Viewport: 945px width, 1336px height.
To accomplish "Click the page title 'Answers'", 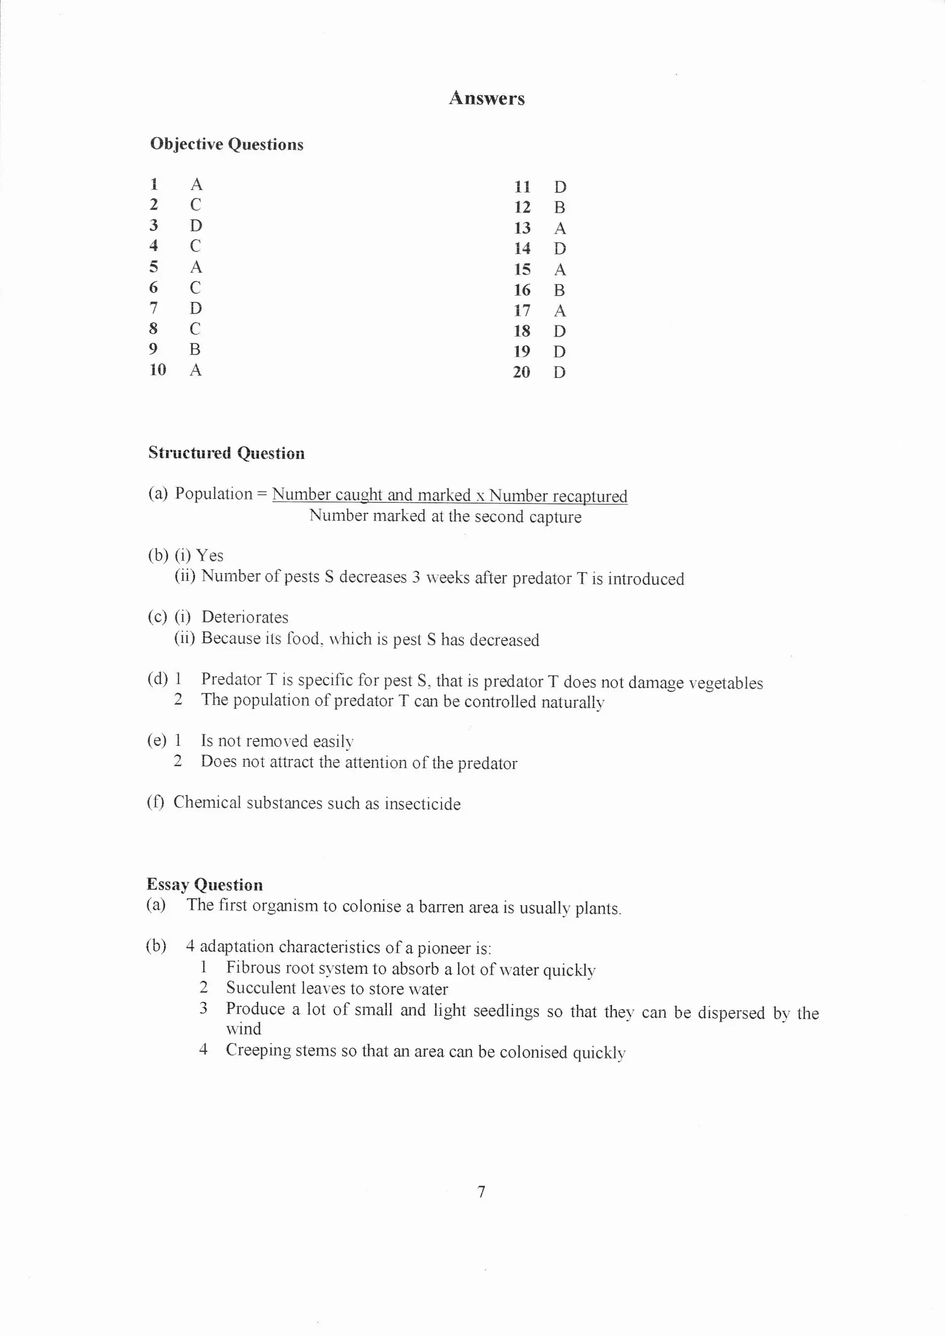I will (x=486, y=98).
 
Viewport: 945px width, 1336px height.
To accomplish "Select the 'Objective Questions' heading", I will (x=227, y=144).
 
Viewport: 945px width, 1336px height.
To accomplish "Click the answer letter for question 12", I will (x=560, y=207).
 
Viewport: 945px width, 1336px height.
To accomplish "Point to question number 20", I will (x=521, y=372).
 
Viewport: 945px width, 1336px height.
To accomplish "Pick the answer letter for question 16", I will (x=560, y=290).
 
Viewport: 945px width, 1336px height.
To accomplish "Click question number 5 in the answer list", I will (x=154, y=267).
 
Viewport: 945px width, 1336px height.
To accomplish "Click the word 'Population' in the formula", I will (x=214, y=494).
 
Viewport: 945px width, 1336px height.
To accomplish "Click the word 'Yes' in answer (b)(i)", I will (x=209, y=556).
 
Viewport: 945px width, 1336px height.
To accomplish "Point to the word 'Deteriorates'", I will (x=245, y=617).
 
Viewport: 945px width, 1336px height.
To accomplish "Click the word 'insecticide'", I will (x=423, y=804).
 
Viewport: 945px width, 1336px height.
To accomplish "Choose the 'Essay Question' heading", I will (x=204, y=885).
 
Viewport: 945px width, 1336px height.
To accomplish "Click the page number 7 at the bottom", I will (x=481, y=1192).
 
